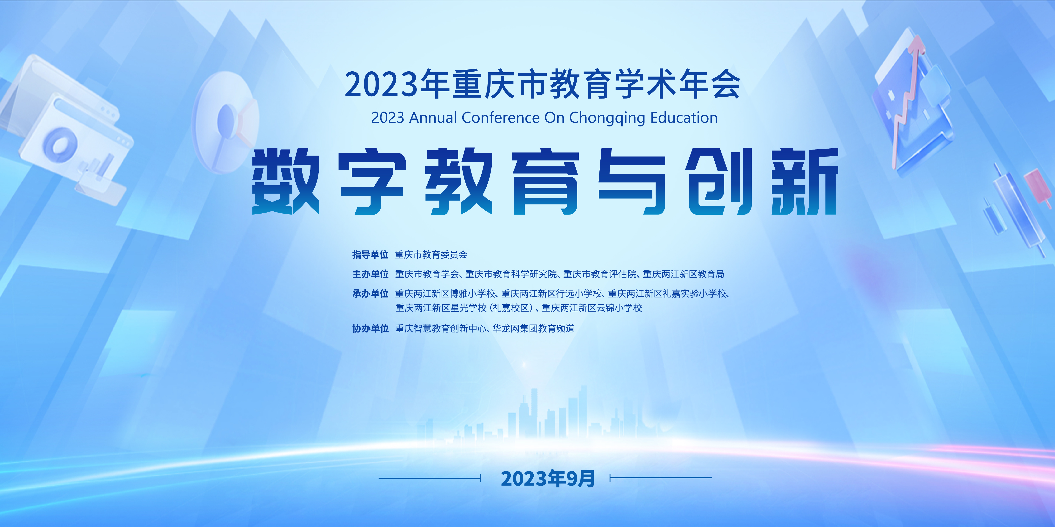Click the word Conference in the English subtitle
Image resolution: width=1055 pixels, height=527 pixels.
[500, 118]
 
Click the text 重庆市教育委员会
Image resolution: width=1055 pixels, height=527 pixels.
[431, 254]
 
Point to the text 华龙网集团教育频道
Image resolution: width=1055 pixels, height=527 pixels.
[534, 328]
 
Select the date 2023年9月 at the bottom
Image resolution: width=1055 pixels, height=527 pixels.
[548, 478]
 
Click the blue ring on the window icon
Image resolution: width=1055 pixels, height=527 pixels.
[60, 144]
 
